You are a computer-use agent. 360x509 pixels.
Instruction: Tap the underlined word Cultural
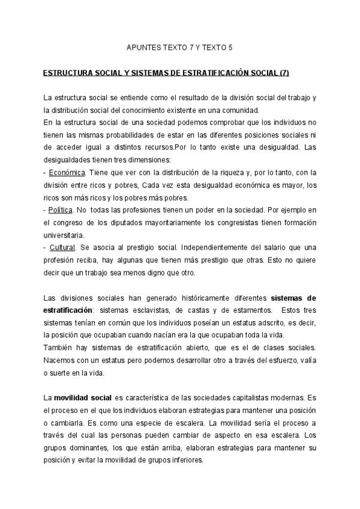coord(62,247)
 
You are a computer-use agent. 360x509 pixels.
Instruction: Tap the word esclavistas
coord(153,310)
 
